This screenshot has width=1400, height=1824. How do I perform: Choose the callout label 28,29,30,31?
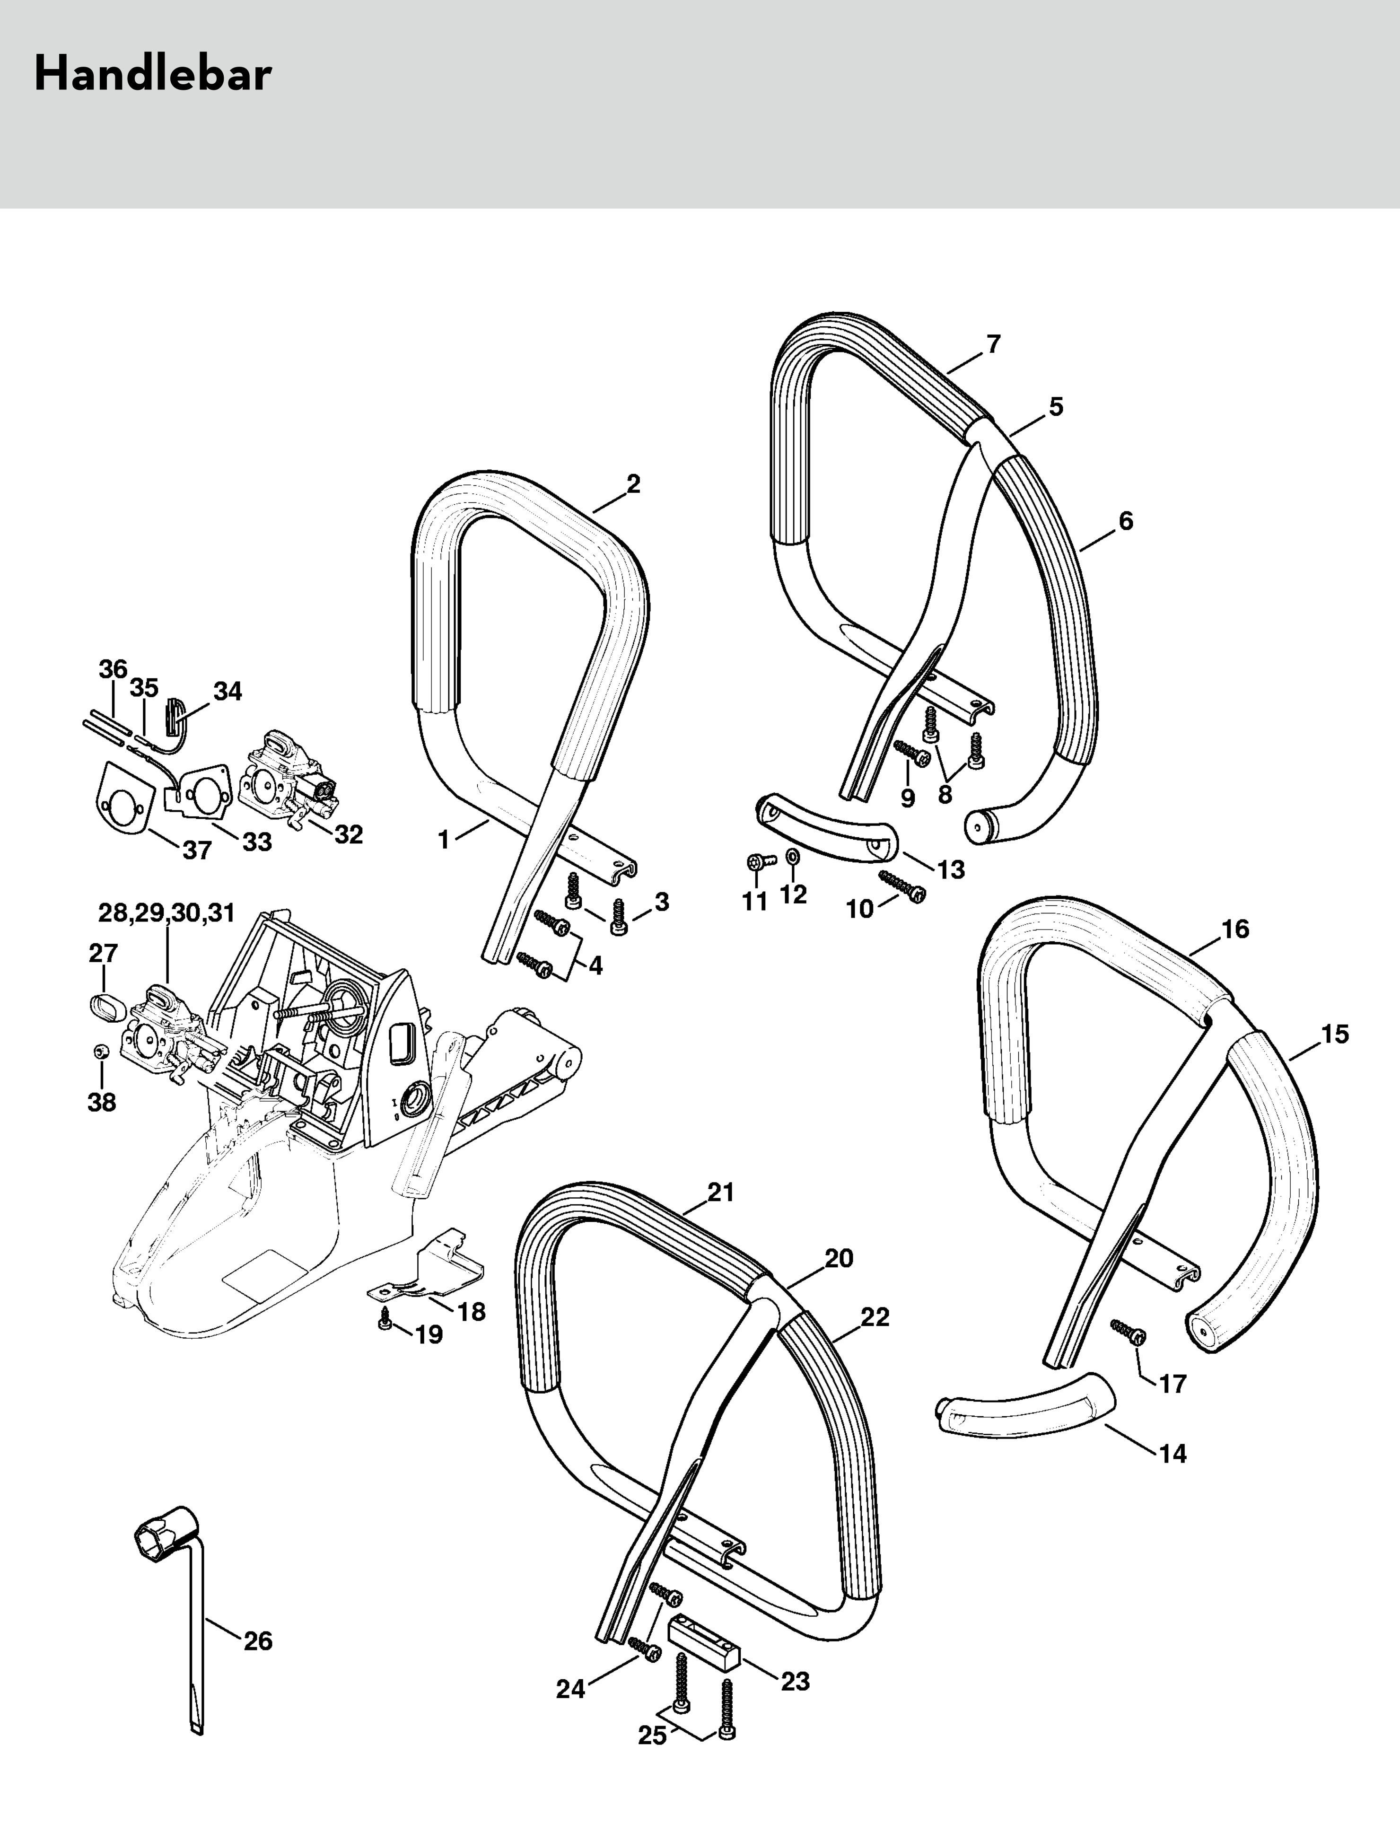click(166, 913)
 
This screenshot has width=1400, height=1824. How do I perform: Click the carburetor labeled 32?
click(288, 779)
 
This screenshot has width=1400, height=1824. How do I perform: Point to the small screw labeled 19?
click(385, 1323)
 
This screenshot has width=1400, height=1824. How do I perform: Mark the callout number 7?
click(992, 344)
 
